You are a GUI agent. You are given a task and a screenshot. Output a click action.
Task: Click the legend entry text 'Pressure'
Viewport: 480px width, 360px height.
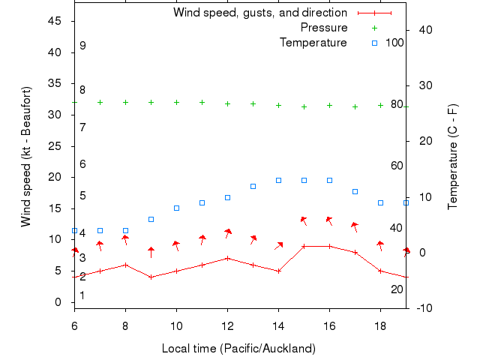[324, 28]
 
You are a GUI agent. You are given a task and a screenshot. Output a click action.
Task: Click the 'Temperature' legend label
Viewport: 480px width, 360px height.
[313, 43]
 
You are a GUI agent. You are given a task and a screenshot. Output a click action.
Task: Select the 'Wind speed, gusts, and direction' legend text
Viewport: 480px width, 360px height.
[260, 13]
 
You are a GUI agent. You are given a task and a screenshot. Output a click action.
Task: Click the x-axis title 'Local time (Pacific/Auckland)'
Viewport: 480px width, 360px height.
[238, 349]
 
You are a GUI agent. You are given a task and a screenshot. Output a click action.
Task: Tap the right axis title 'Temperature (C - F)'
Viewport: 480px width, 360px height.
[453, 156]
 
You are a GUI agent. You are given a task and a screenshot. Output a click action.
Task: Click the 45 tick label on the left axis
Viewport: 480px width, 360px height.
[55, 21]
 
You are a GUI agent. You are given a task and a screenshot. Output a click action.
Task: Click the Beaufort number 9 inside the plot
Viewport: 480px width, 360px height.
[82, 46]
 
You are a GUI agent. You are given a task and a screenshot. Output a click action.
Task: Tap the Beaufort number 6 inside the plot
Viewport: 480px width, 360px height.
[82, 164]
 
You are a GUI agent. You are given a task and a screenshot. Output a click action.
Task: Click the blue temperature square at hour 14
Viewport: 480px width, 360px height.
[278, 180]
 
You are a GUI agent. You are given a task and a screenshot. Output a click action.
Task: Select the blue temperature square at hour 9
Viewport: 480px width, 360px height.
[151, 219]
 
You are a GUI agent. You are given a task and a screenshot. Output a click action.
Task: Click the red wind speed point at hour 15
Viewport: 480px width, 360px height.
[304, 246]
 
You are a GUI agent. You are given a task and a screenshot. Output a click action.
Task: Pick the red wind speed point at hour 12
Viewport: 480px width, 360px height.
[227, 258]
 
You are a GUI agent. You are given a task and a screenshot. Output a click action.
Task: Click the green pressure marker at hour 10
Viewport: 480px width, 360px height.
[176, 102]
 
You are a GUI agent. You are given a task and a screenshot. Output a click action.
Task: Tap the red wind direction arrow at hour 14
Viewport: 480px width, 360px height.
[278, 245]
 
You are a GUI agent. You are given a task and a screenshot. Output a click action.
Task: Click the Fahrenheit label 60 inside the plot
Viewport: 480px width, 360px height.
[397, 166]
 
